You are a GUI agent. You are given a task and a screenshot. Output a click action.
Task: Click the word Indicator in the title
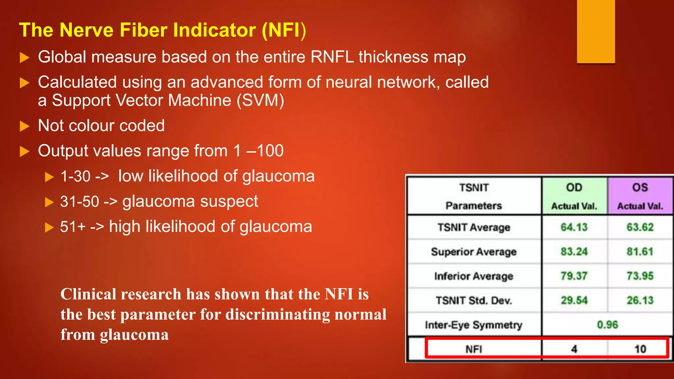coord(215,30)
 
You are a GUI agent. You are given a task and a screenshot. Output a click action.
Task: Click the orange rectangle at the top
coord(596,31)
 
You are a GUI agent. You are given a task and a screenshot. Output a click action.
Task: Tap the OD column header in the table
coord(574,196)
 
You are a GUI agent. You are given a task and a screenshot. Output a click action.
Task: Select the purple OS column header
coord(640,196)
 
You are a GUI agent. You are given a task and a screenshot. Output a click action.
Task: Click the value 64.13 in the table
coord(574,227)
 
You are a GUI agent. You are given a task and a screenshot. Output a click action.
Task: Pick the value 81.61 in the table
coord(640,252)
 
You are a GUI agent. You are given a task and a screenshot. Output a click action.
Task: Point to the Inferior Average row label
coord(474,276)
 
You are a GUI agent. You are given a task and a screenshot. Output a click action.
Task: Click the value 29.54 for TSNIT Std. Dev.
coord(574,300)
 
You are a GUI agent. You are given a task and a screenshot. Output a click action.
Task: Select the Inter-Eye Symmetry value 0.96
coord(607,325)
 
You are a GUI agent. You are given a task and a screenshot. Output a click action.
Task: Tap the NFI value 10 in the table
coord(640,349)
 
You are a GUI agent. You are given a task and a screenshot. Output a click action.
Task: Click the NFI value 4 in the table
coord(574,349)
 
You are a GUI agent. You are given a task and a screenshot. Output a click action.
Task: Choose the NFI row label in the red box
coord(474,349)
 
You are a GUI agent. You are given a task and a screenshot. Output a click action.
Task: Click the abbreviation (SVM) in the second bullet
coord(260,100)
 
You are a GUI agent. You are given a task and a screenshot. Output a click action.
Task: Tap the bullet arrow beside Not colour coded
coord(25,126)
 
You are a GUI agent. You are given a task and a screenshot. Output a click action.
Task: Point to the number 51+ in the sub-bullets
coord(73,227)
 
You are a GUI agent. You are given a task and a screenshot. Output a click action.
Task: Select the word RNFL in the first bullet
coord(332,57)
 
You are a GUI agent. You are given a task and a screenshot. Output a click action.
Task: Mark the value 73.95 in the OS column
coord(640,276)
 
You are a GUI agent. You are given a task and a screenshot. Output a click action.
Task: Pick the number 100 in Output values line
coord(270,151)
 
